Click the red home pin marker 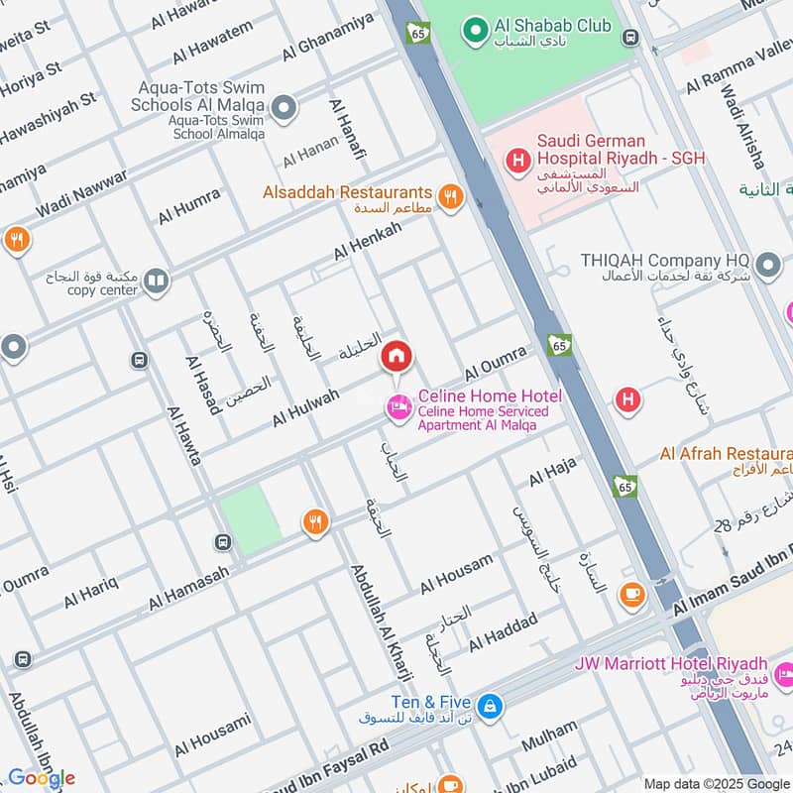pyautogui.click(x=396, y=357)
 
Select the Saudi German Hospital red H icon pyautogui.click(x=516, y=159)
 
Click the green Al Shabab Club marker pyautogui.click(x=476, y=31)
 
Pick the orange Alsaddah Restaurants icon pyautogui.click(x=451, y=196)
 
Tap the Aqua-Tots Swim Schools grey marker pyautogui.click(x=285, y=108)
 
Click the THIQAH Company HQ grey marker pyautogui.click(x=767, y=266)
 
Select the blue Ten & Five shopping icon pyautogui.click(x=489, y=707)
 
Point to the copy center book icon pyautogui.click(x=156, y=283)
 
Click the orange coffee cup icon pyautogui.click(x=631, y=594)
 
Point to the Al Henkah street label pyautogui.click(x=368, y=241)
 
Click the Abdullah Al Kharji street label pyautogui.click(x=382, y=622)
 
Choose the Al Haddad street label pyautogui.click(x=503, y=631)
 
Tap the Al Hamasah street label pyautogui.click(x=189, y=589)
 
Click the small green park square pyautogui.click(x=251, y=518)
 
